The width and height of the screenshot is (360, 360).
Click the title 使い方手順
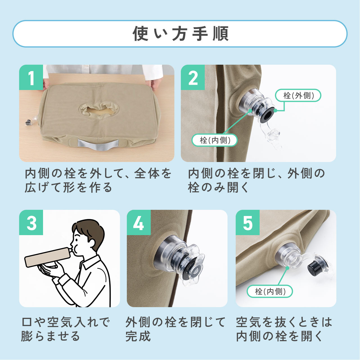click(x=180, y=34)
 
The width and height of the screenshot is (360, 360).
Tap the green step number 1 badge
click(x=31, y=77)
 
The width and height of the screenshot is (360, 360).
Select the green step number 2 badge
click(x=193, y=77)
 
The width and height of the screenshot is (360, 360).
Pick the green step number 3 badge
click(x=31, y=222)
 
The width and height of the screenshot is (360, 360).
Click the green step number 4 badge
click(x=139, y=222)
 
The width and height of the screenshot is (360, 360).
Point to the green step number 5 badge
click(x=247, y=222)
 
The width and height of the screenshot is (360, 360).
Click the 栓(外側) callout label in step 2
click(x=298, y=95)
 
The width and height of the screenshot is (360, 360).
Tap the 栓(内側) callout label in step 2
click(x=215, y=140)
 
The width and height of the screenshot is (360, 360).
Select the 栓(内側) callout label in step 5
click(x=270, y=291)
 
